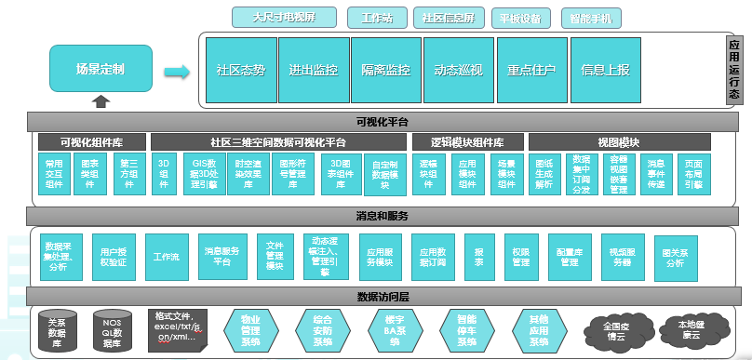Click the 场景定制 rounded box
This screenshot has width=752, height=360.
point(101,68)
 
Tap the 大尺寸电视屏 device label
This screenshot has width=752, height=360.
point(282,18)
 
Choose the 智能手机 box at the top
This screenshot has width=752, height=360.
point(591,18)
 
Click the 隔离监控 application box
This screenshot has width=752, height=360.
point(384,70)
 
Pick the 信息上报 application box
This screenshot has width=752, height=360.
point(605,70)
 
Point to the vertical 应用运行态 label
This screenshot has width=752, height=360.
point(733,70)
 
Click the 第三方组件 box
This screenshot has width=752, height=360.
point(128,173)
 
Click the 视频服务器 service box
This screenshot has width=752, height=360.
point(623,257)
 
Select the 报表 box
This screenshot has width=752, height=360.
point(478,257)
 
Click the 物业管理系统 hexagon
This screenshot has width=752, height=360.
point(251,329)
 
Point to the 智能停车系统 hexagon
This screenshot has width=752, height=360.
point(465,329)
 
